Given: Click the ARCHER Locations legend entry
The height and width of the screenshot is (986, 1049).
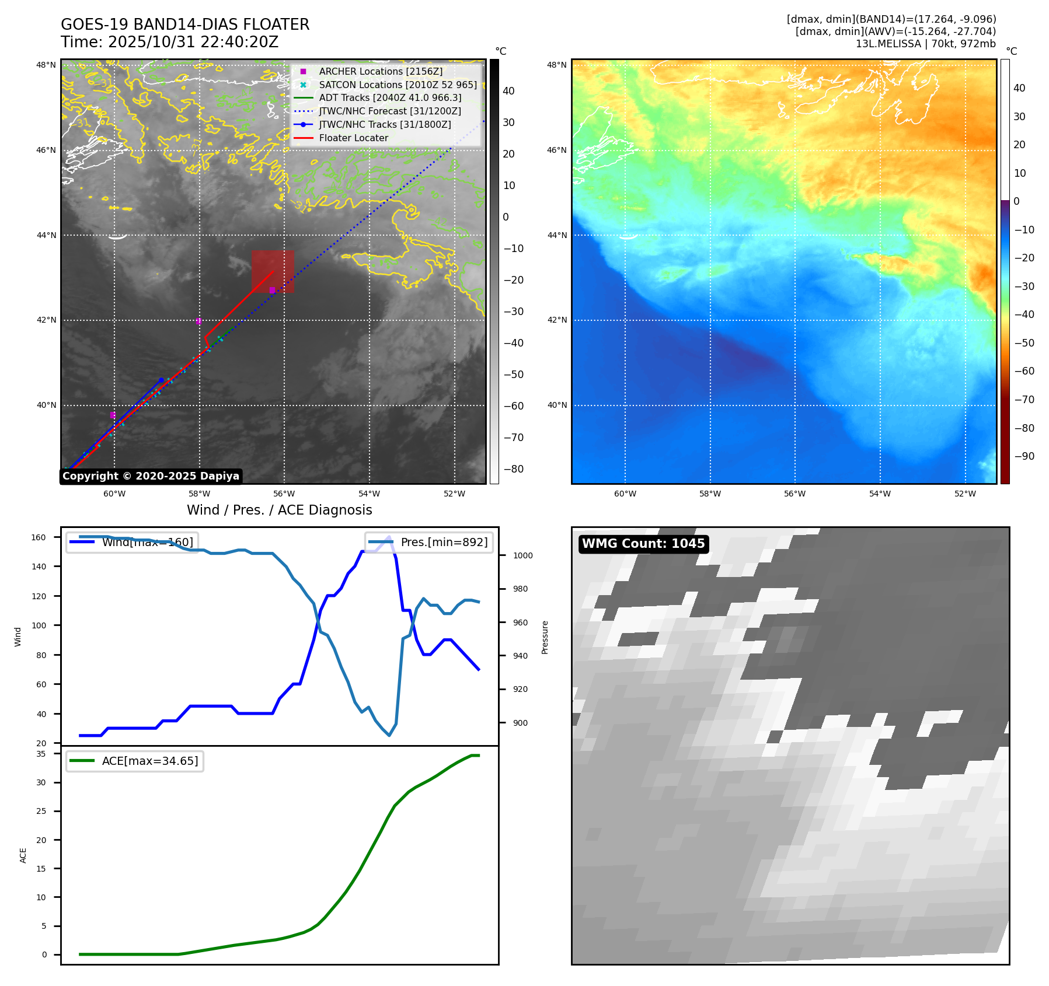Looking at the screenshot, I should pyautogui.click(x=381, y=71).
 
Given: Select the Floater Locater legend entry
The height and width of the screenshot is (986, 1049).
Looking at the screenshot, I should pyautogui.click(x=353, y=138).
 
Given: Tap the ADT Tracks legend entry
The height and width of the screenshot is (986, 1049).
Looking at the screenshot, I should pyautogui.click(x=390, y=98).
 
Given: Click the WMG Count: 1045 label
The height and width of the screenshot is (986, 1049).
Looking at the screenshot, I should pyautogui.click(x=643, y=544).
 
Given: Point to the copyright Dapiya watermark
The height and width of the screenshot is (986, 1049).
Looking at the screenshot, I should pyautogui.click(x=151, y=476).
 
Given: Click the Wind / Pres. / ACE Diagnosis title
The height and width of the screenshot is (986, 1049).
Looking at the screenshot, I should pyautogui.click(x=279, y=510).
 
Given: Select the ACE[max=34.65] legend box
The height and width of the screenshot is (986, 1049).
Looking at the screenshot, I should pyautogui.click(x=135, y=761).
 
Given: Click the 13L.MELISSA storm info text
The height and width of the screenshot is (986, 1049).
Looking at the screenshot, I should pyautogui.click(x=925, y=44).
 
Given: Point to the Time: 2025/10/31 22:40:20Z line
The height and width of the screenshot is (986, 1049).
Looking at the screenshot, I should pyautogui.click(x=169, y=43).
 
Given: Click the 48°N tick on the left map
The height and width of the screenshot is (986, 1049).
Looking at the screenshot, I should pyautogui.click(x=46, y=65).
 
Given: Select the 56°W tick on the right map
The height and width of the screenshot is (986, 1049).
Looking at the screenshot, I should pyautogui.click(x=794, y=494).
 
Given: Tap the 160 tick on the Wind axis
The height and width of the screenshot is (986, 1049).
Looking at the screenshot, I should pyautogui.click(x=39, y=537).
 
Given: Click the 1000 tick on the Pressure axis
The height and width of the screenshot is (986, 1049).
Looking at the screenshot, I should pyautogui.click(x=522, y=555).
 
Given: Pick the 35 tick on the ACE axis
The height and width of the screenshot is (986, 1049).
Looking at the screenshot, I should pyautogui.click(x=41, y=754).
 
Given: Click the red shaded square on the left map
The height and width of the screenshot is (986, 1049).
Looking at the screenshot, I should pyautogui.click(x=273, y=271).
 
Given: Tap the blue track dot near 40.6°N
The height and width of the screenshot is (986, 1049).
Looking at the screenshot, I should pyautogui.click(x=162, y=380).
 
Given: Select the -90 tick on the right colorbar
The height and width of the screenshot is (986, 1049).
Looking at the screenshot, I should pyautogui.click(x=1024, y=456).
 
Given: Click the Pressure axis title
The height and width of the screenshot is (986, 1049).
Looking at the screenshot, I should pyautogui.click(x=545, y=637).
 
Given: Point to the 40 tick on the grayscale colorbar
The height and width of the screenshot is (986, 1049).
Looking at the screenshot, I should pyautogui.click(x=508, y=91).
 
